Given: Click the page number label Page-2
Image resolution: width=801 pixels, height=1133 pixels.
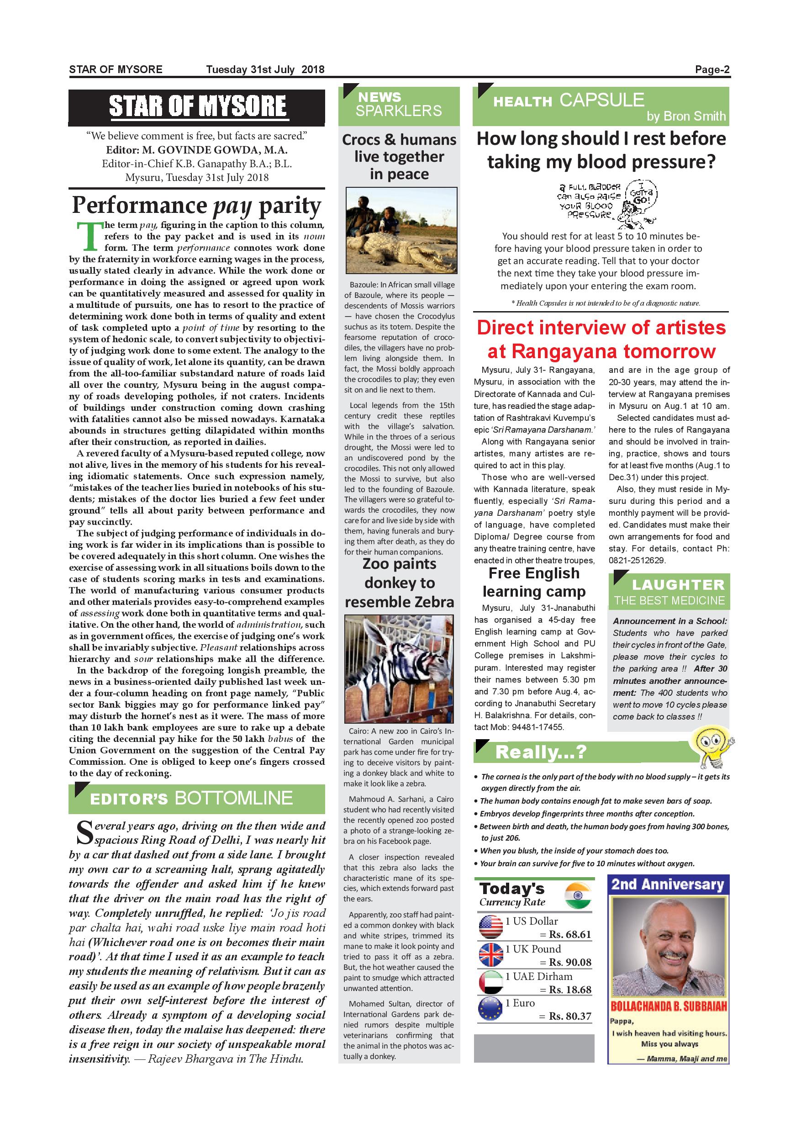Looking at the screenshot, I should (712, 69).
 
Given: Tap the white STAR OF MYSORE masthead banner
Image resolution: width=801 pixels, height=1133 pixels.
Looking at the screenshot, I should (197, 106).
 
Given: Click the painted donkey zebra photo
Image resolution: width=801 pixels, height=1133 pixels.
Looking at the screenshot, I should (399, 669).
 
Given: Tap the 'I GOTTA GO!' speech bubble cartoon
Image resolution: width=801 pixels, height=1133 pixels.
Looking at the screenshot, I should (642, 196).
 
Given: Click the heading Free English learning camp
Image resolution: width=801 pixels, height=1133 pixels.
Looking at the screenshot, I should (534, 582).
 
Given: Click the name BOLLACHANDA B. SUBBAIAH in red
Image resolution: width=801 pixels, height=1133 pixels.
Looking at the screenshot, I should (668, 1006).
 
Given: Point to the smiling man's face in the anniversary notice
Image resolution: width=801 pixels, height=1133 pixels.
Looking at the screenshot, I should (669, 948).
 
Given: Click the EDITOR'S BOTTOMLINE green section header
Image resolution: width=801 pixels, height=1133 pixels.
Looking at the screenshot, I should (197, 799).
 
